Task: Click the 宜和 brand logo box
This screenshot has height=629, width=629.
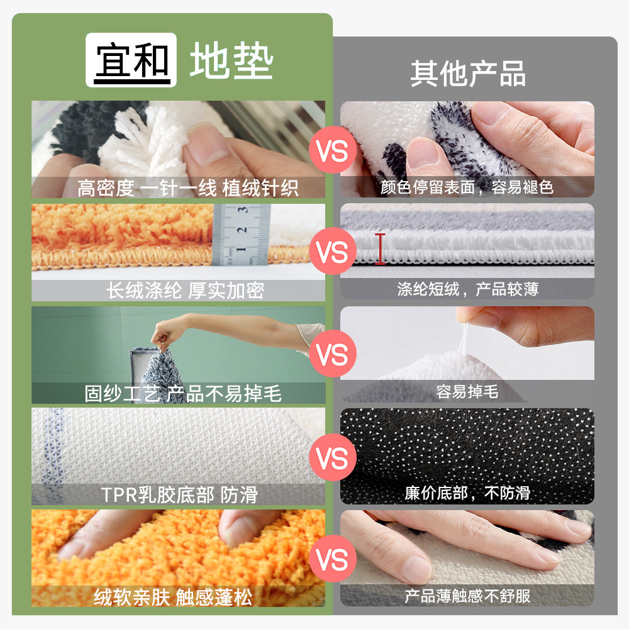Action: click(x=131, y=61)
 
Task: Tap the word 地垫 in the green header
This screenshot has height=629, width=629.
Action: click(x=231, y=62)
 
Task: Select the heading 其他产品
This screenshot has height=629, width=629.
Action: click(x=468, y=74)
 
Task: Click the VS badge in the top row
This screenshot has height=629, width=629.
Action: click(x=333, y=152)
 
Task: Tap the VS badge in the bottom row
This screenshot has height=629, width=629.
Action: click(x=333, y=558)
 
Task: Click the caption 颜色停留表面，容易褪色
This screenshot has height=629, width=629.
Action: click(x=467, y=187)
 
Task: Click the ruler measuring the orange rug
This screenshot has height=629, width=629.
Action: click(x=242, y=234)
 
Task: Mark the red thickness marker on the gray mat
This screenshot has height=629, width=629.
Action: click(x=380, y=249)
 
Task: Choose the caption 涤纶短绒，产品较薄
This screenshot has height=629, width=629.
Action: click(x=467, y=289)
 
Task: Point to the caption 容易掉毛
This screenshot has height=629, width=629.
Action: click(x=467, y=392)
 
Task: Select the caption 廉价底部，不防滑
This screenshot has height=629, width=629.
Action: click(x=467, y=493)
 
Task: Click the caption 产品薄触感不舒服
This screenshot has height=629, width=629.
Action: click(x=467, y=595)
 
